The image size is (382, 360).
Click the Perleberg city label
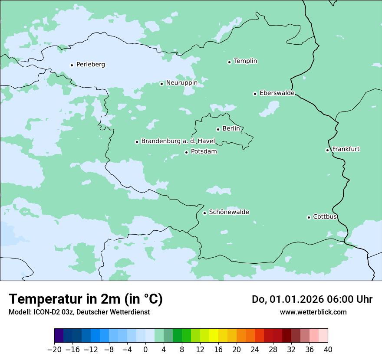pos(90,65)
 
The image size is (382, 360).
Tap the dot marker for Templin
pos(229,62)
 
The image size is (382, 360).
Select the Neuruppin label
pos(181,83)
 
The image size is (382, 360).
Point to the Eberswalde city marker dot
pos(255,94)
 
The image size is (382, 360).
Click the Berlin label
pos(231,129)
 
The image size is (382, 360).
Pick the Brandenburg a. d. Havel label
pos(178,141)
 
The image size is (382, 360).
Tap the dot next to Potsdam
pos(186,152)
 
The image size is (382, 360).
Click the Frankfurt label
pos(346,149)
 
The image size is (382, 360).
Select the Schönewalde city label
pos(229,212)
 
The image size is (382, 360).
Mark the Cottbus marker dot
pos(309,217)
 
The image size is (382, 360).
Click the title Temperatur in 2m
pos(86,299)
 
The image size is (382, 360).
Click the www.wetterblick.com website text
pos(313,312)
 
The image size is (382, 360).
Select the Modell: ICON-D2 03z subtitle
pos(79,312)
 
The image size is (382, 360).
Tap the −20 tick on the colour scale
pos(55,350)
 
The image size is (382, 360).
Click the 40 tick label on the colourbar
pos(328,350)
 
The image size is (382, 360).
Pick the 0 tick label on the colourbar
pos(145,350)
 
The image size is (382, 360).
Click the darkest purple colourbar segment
pos(59,336)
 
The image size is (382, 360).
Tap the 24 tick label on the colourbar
pos(255,350)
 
